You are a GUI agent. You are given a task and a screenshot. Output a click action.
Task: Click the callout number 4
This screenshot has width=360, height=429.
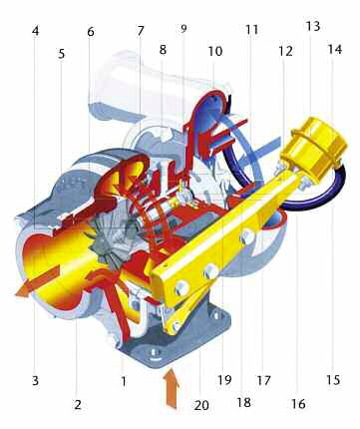pos(35,31)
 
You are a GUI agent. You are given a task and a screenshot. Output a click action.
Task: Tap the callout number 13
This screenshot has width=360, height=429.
pos(313,25)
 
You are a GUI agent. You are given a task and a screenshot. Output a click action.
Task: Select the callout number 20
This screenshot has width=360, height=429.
pos(202,404)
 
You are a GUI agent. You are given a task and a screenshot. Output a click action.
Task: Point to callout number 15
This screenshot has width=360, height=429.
pos(334,380)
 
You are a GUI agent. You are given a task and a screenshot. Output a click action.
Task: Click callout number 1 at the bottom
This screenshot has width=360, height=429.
pos(123,380)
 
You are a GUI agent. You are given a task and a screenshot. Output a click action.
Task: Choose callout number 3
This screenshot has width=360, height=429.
pos(35,380)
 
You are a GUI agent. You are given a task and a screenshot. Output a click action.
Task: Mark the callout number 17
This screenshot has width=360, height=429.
pos(264,380)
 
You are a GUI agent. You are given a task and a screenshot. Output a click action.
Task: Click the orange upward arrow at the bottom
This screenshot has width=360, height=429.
pos(170,389)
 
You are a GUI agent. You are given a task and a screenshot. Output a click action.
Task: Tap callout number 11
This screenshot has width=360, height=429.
pos(251,30)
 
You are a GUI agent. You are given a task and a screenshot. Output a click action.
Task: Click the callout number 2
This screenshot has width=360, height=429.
pos(77,404)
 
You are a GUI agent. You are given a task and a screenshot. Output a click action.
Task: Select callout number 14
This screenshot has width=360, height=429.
pos(334,48)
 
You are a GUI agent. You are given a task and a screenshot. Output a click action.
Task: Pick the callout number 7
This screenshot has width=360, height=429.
pos(141,31)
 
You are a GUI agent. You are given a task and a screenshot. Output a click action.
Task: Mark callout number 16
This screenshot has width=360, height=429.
pos(297,404)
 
